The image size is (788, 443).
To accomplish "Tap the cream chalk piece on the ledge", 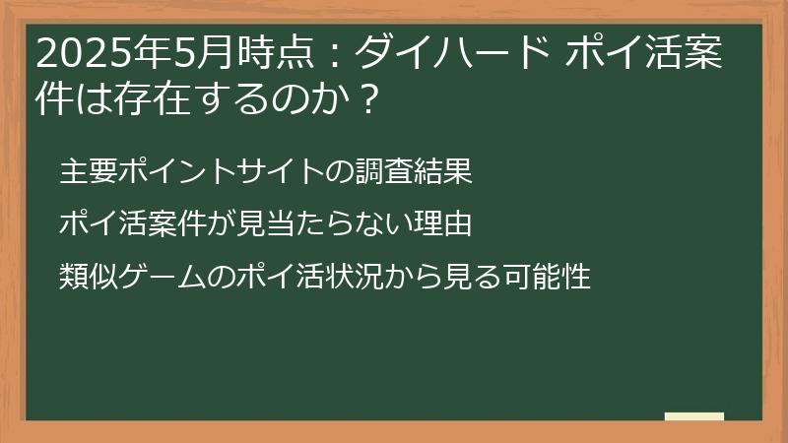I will pyautogui.click(x=693, y=416).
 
